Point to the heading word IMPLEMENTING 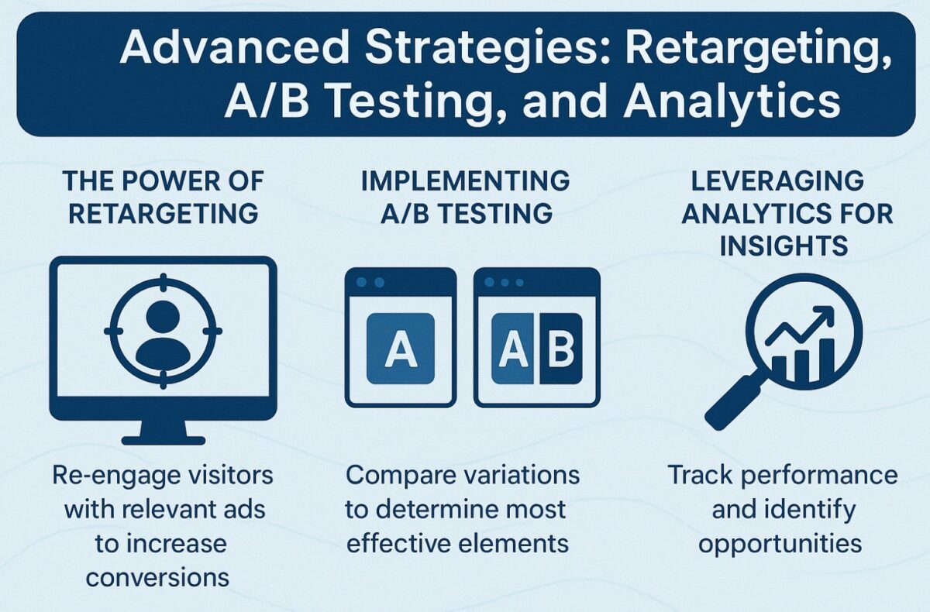coord(465,182)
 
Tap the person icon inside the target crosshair coord(163,333)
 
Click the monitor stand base coord(163,440)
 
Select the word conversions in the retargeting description coord(158,576)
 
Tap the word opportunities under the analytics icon coord(780,543)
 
